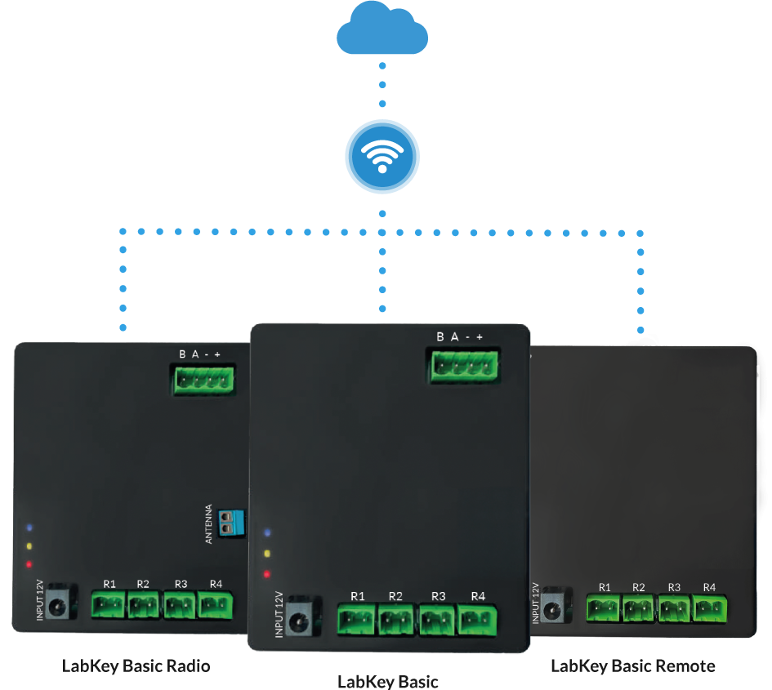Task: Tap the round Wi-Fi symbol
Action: click(382, 154)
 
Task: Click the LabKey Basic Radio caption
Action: click(136, 666)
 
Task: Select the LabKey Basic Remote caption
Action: click(632, 666)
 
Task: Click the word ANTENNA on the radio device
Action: click(208, 524)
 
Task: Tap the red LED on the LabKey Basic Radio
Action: click(29, 564)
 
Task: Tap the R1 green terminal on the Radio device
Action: click(109, 606)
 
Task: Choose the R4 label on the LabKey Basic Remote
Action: click(709, 587)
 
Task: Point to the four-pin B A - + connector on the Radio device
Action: click(203, 378)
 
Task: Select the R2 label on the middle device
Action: click(395, 596)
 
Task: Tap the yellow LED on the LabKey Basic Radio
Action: click(29, 545)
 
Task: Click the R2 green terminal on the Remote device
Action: click(639, 608)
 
